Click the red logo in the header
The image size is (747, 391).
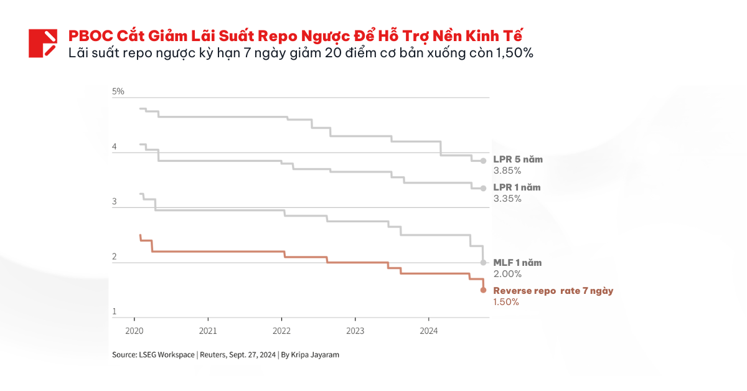point(42,43)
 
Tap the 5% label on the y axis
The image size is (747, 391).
point(118,92)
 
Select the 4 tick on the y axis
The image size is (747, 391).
point(115,147)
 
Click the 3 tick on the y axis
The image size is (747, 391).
point(115,202)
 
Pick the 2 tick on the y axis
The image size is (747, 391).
point(115,257)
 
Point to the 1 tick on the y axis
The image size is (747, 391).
point(115,311)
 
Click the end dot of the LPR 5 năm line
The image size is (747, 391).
point(483,161)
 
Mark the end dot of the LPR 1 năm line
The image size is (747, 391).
point(483,188)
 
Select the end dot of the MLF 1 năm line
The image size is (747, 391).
point(483,262)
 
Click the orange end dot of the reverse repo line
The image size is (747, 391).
point(483,290)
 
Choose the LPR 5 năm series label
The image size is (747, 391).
point(517,159)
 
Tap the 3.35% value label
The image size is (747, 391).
point(507,199)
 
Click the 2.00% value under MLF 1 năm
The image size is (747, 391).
point(507,274)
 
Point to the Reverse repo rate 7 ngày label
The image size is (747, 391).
point(553,291)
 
